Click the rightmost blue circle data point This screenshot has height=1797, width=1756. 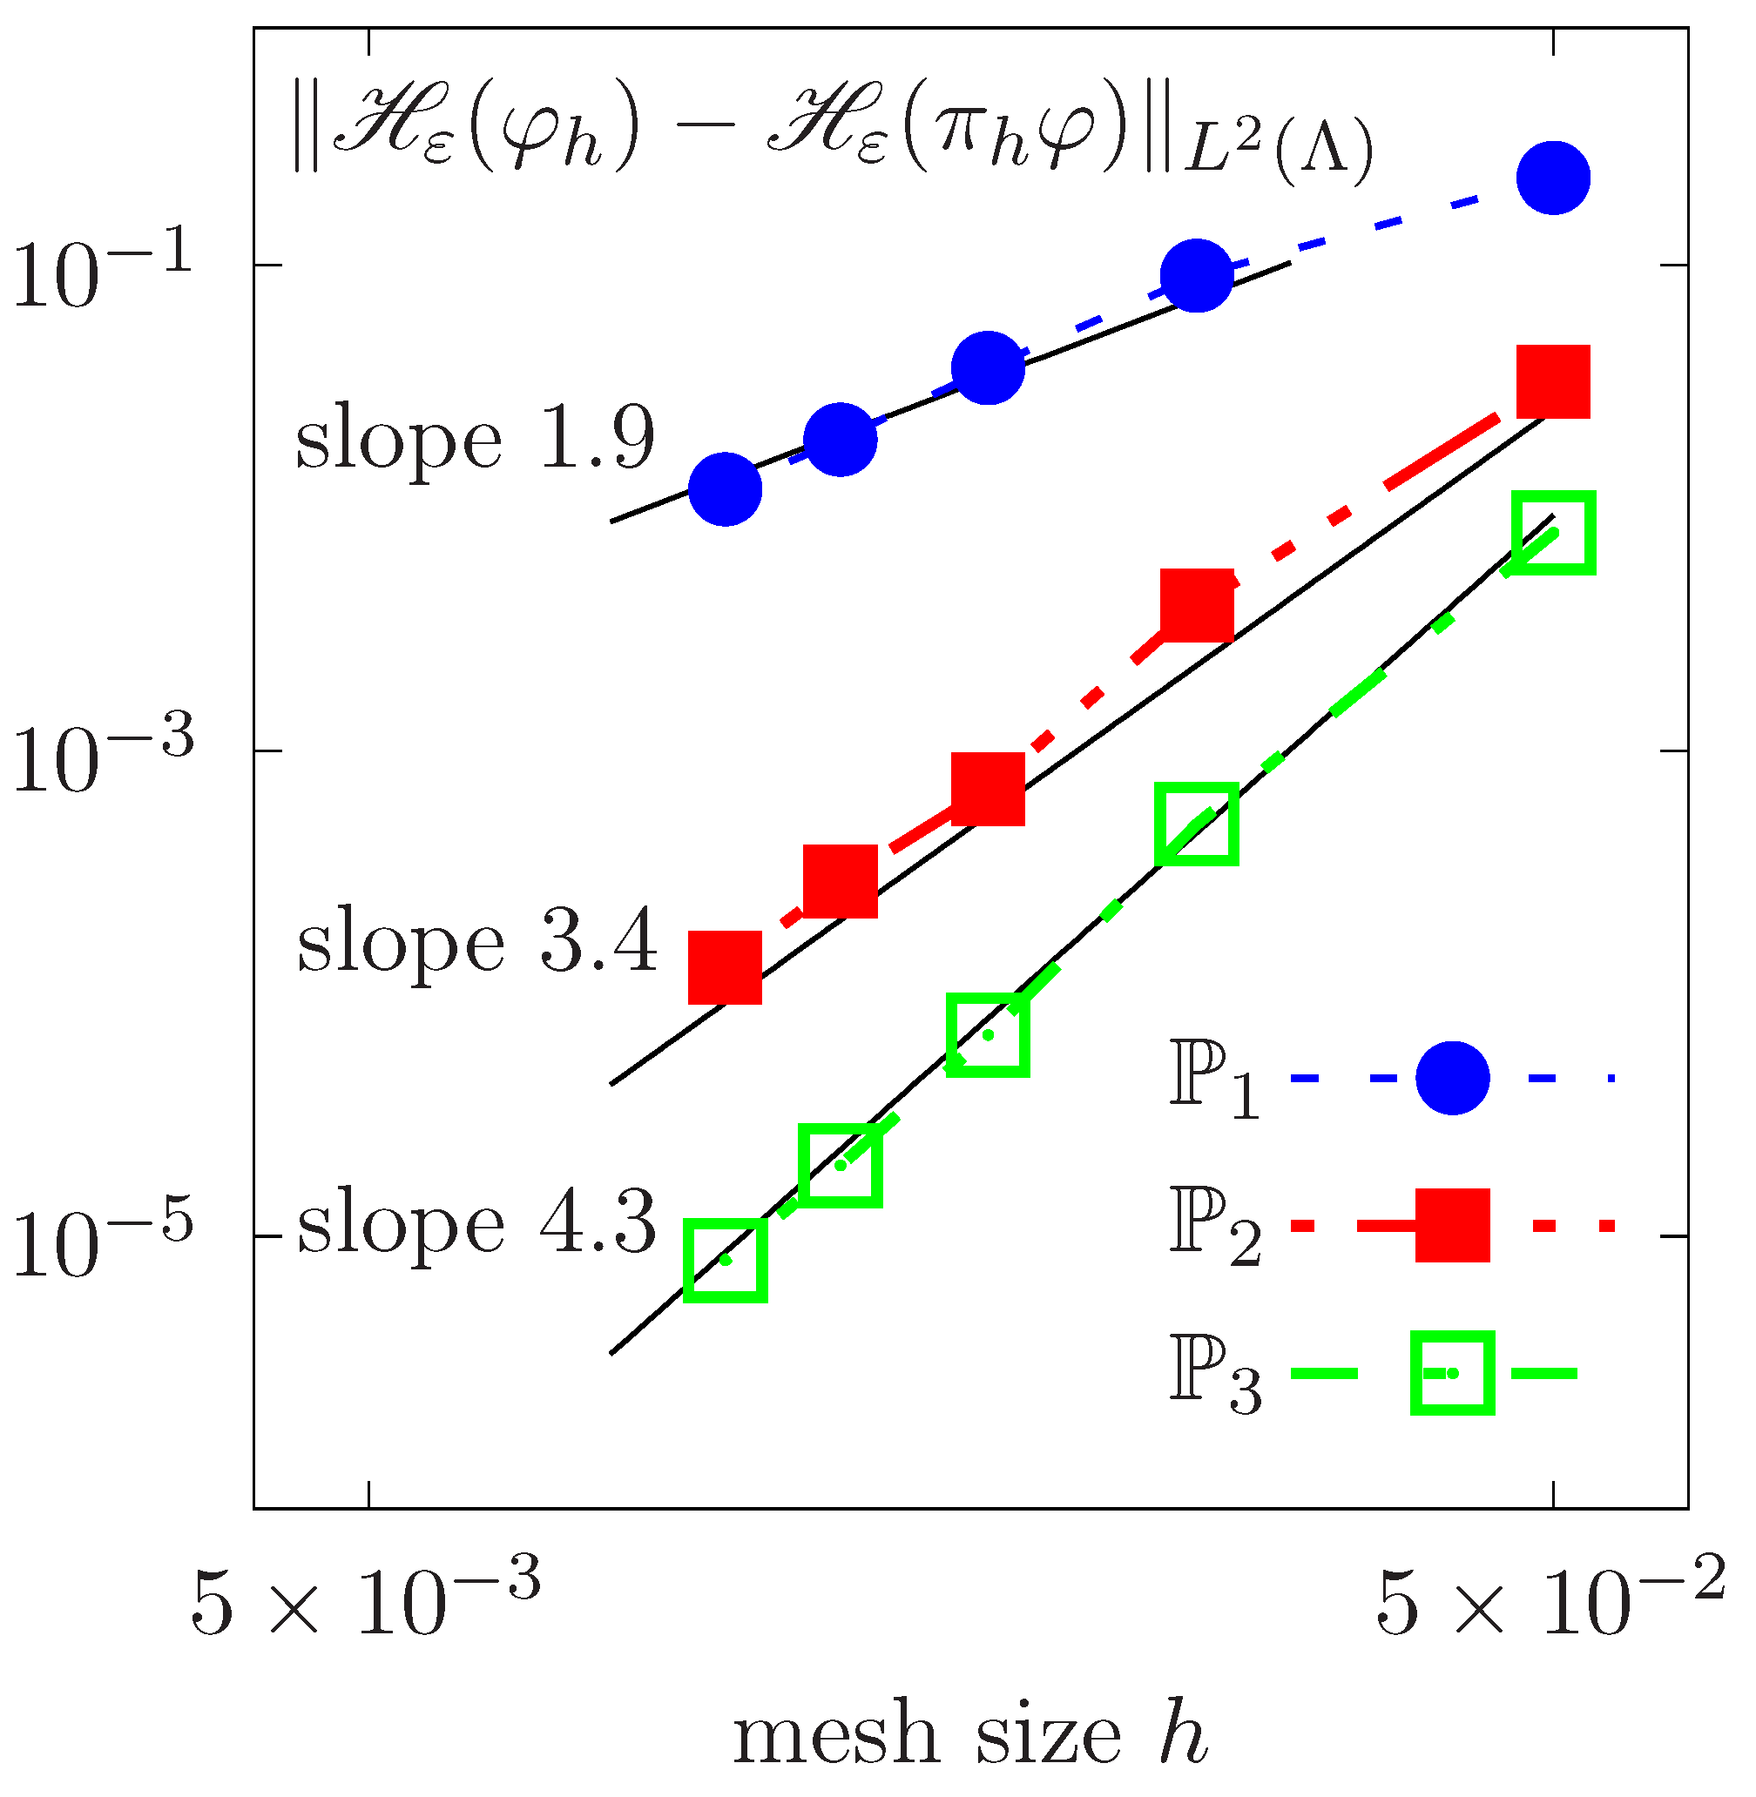pos(1553,178)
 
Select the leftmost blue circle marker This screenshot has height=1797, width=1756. pos(725,488)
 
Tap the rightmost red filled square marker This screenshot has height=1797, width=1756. pos(1553,381)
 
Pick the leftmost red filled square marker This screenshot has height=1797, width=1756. pos(725,967)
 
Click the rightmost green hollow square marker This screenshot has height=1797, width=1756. pos(1553,533)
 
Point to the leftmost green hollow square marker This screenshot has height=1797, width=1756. pos(725,1261)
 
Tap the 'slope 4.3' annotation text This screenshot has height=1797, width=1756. pos(476,1223)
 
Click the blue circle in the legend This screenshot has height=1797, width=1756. pos(1452,1078)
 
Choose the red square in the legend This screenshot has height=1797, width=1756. pos(1452,1225)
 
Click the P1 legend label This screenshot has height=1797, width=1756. pos(1212,1080)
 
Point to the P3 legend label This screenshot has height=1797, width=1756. pos(1212,1375)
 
